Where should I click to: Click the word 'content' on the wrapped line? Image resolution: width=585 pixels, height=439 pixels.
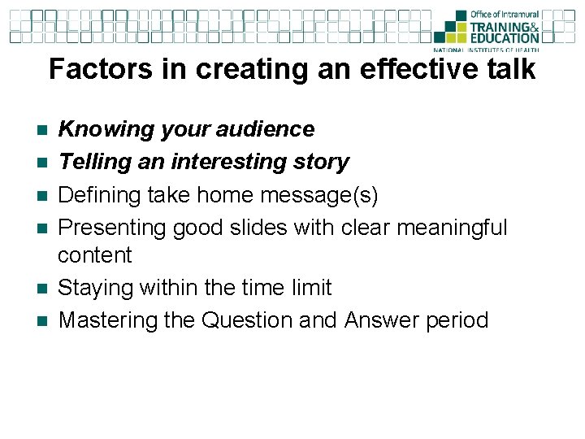(x=94, y=255)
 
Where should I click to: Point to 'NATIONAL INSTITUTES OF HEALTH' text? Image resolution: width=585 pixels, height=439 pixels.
(x=496, y=48)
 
